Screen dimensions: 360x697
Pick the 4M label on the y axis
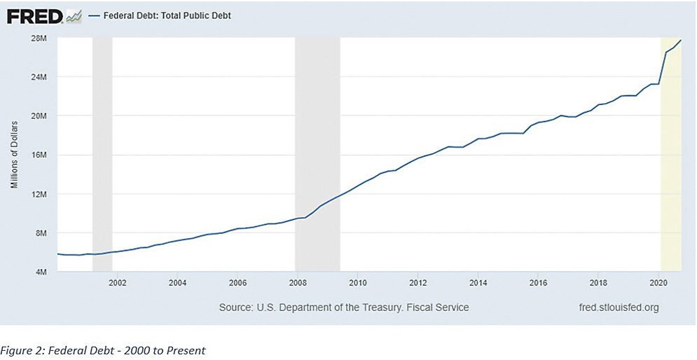(40, 272)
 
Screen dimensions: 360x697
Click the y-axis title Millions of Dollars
(14, 154)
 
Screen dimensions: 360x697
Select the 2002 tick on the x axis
(117, 284)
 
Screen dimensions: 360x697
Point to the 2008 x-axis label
(297, 284)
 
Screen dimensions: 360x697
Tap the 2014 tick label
(478, 284)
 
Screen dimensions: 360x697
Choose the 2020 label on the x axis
(658, 284)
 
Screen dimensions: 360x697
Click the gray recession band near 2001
(102, 154)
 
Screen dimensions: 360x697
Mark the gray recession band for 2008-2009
(317, 154)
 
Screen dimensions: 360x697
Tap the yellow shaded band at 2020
(671, 154)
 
